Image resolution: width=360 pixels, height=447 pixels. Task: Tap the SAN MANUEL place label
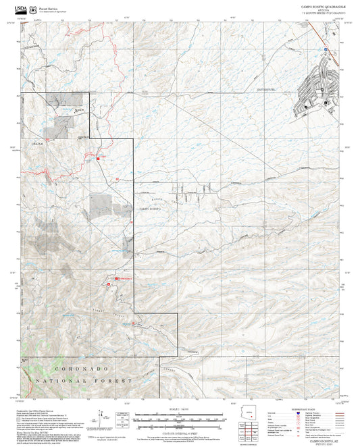pos(266,88)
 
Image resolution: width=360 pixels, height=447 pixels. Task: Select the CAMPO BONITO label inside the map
pos(151,209)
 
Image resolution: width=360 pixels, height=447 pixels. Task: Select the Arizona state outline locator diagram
pos(251,416)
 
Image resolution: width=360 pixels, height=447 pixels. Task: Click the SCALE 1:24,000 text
pos(180,409)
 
